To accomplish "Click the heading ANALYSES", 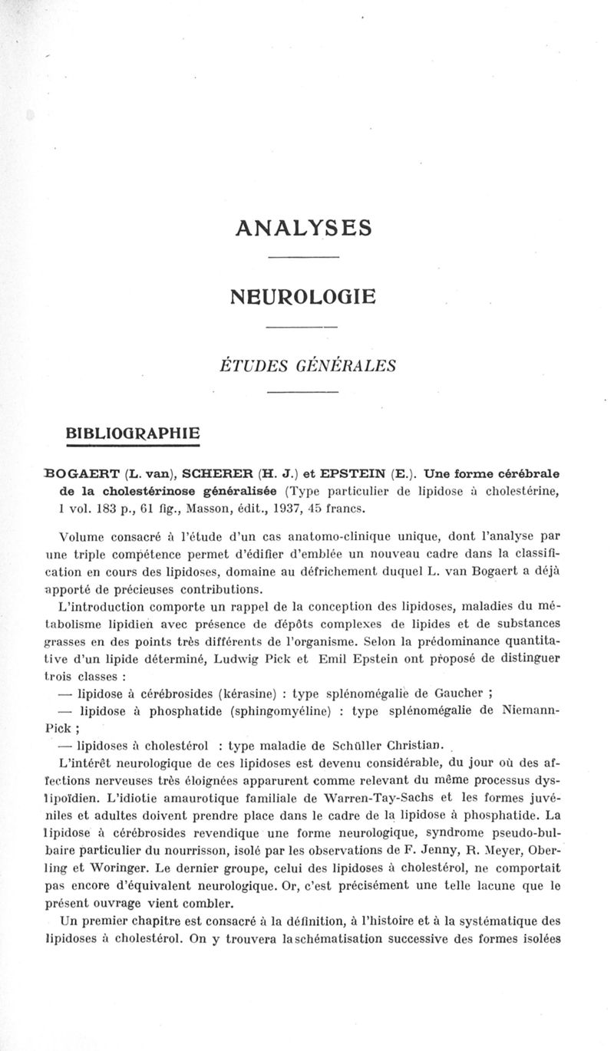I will pyautogui.click(x=305, y=228).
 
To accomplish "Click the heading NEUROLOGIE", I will pyautogui.click(x=304, y=295).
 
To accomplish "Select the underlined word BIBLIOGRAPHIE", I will pyautogui.click(x=134, y=431).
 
